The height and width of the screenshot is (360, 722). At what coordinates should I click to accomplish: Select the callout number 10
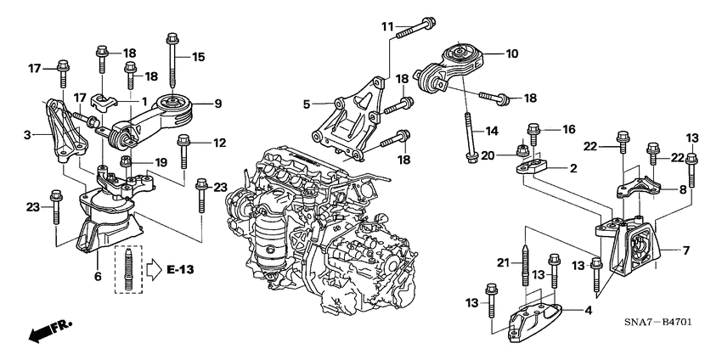[511, 53]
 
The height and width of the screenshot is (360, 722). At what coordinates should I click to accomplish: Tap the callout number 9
[217, 104]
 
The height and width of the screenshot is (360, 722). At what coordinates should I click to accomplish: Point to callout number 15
[198, 57]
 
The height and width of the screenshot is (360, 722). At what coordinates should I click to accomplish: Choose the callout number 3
[29, 134]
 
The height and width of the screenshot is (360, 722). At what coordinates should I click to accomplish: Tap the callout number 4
[588, 310]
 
